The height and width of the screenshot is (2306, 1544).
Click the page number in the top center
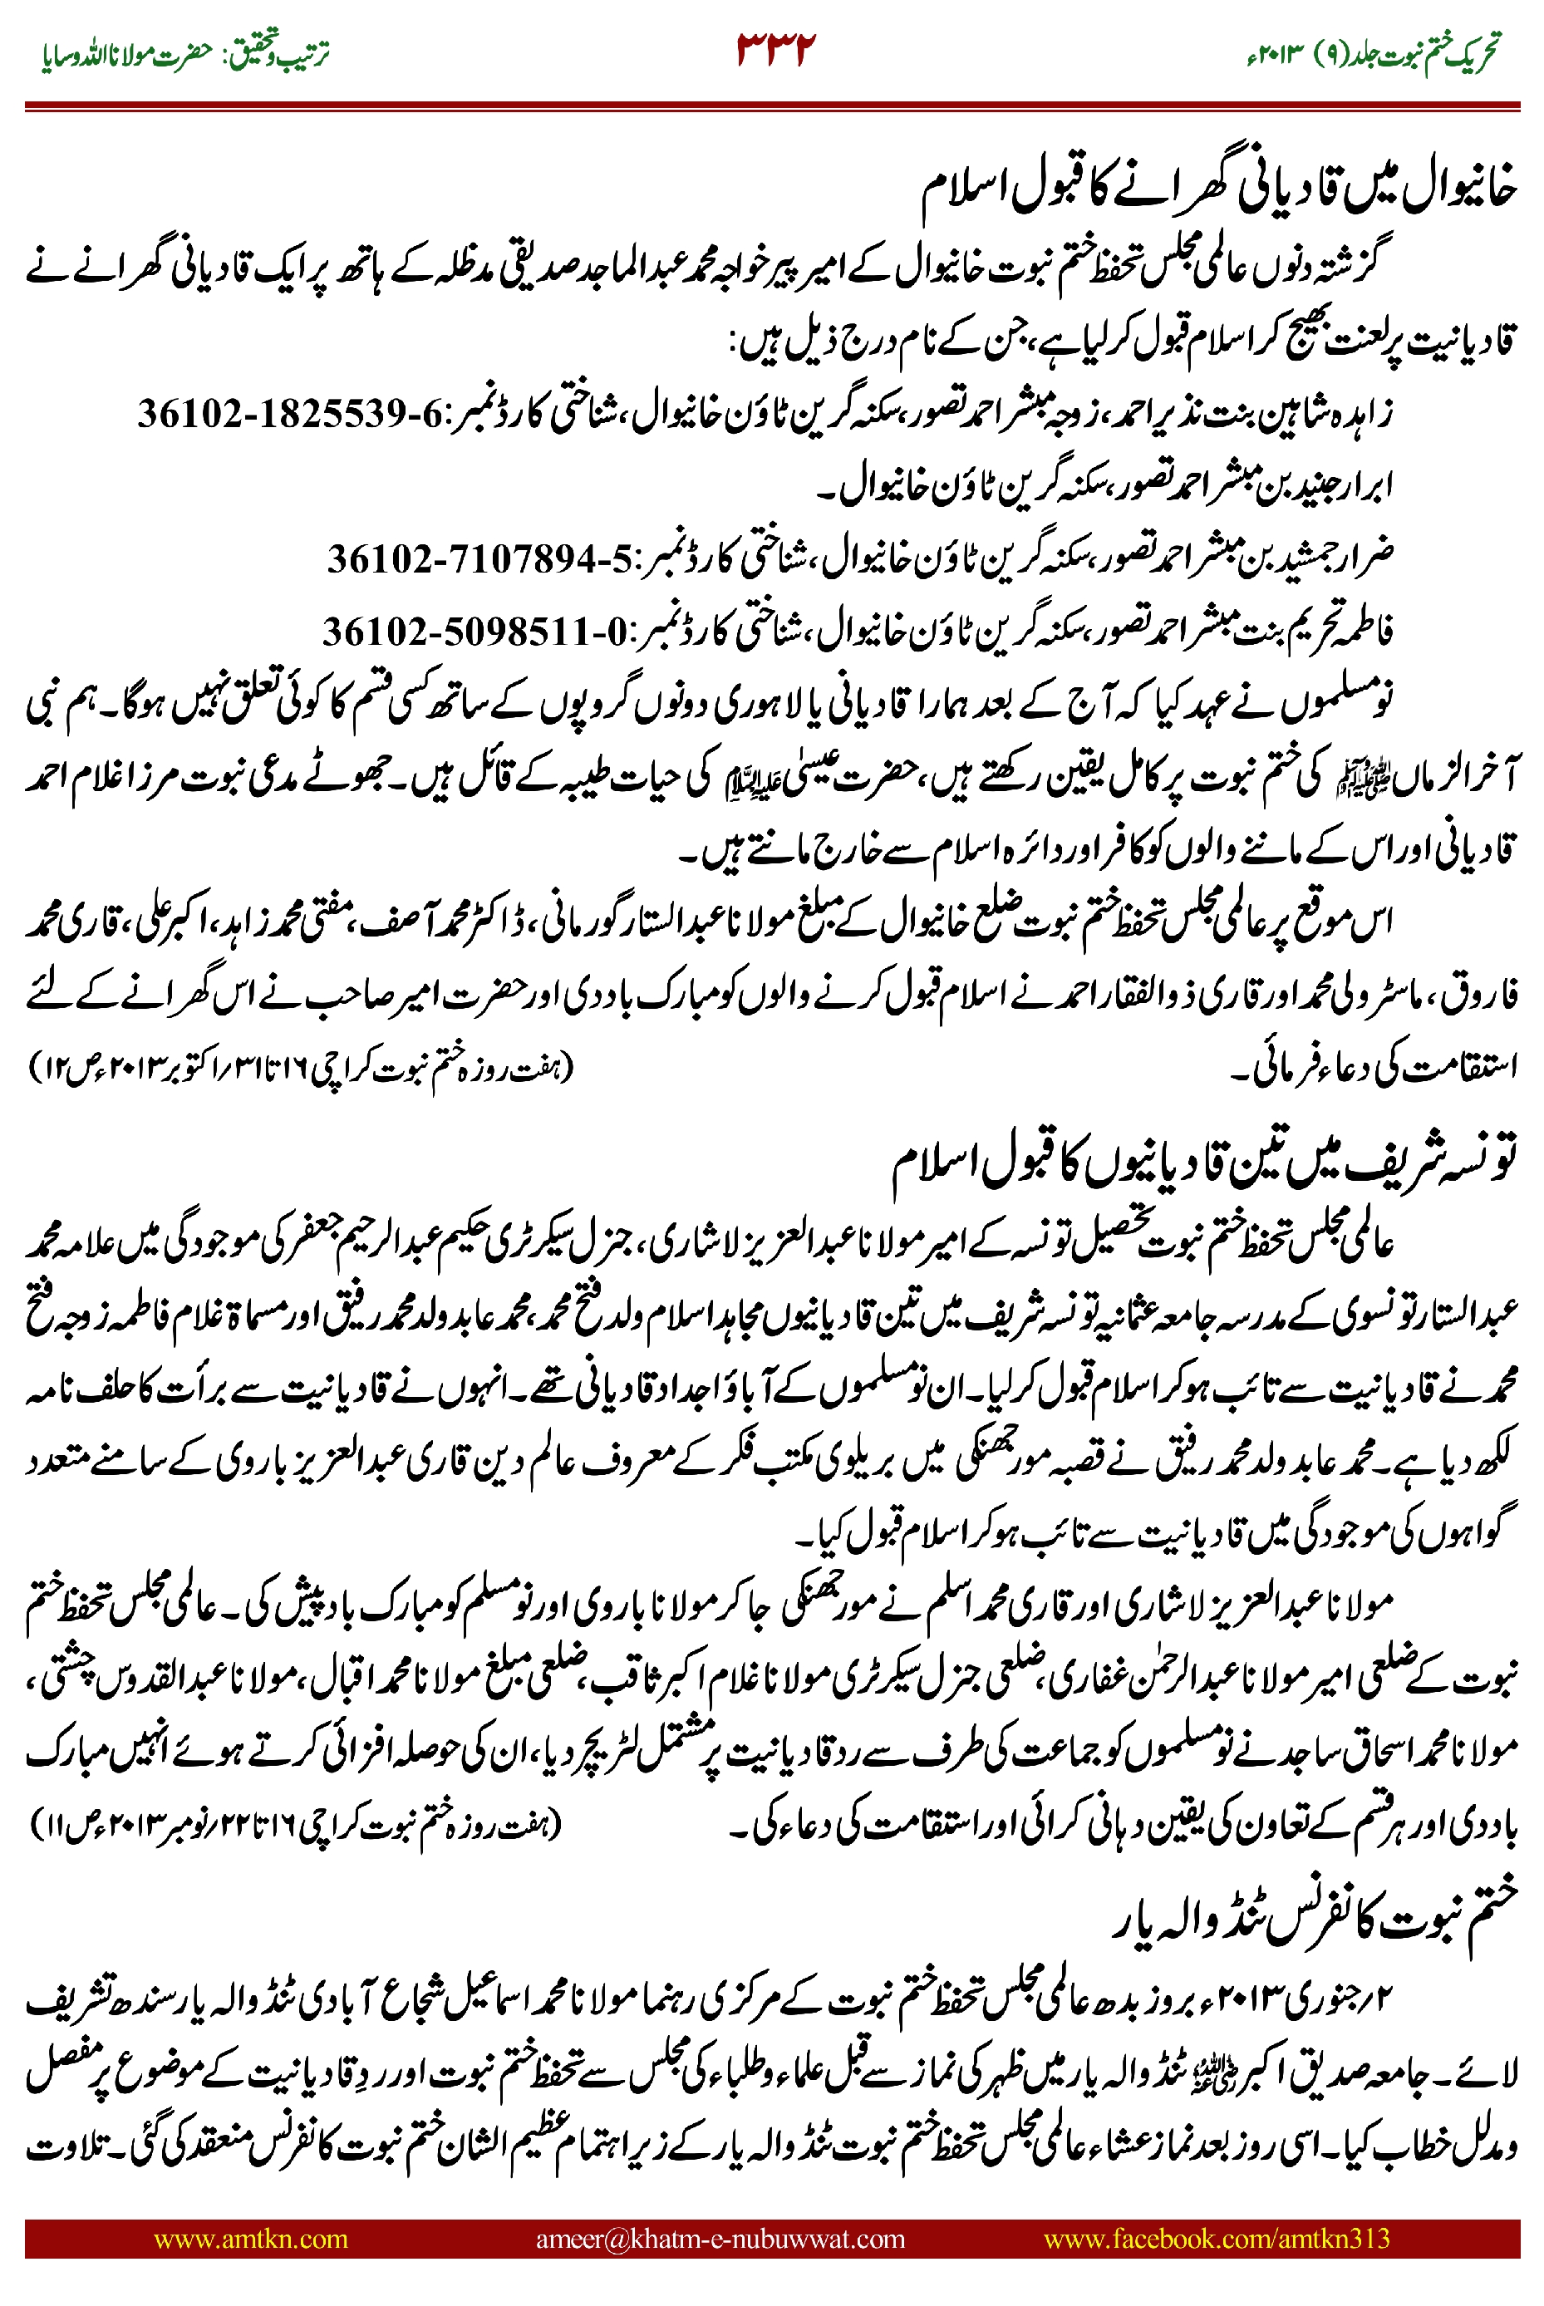pos(776,50)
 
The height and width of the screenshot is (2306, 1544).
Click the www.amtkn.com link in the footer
pos(250,2239)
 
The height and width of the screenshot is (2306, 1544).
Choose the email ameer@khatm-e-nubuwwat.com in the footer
pos(720,2239)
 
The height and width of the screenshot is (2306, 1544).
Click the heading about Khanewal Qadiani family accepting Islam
pos(1218,192)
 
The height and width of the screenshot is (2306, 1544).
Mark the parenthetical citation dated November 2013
pos(295,1825)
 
